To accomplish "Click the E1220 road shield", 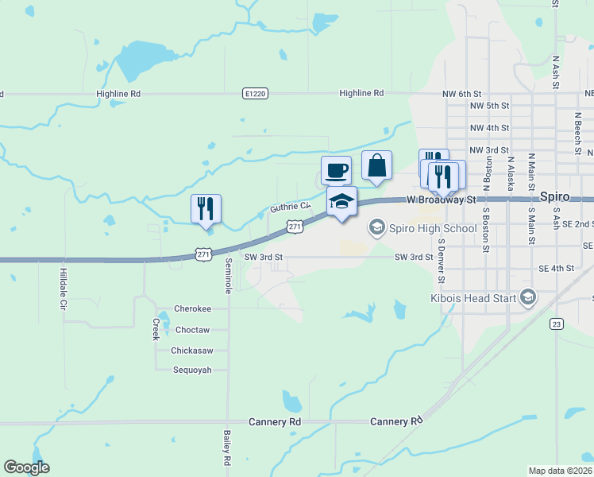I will pyautogui.click(x=254, y=94).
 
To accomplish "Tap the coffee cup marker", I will pyautogui.click(x=336, y=169).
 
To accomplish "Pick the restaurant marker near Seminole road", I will pyautogui.click(x=206, y=209).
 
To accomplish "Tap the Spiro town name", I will pyautogui.click(x=555, y=196).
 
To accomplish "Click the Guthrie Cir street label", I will pyautogui.click(x=289, y=207).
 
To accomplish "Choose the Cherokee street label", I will pyautogui.click(x=193, y=309).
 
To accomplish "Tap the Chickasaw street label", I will pyautogui.click(x=191, y=350).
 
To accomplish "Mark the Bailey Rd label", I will pyautogui.click(x=227, y=448).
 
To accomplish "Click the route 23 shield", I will pyautogui.click(x=556, y=324).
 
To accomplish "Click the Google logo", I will pyautogui.click(x=27, y=467).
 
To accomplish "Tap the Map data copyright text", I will pyautogui.click(x=561, y=471).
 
